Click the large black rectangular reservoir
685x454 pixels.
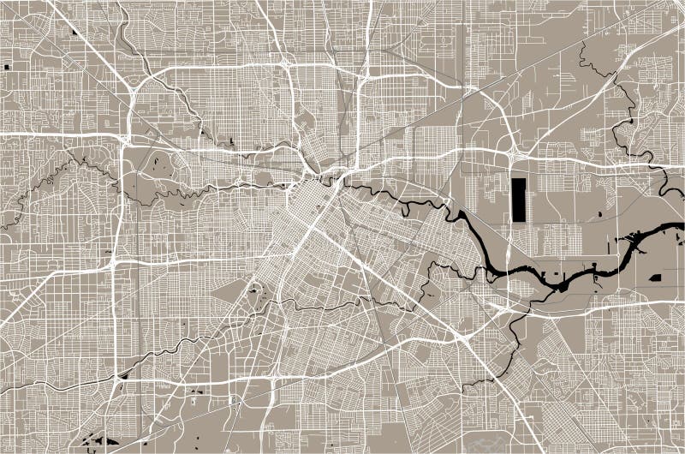520,200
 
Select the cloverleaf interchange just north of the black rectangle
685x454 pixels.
512,154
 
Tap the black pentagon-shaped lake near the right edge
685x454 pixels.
655,278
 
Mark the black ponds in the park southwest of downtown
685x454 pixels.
254,292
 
